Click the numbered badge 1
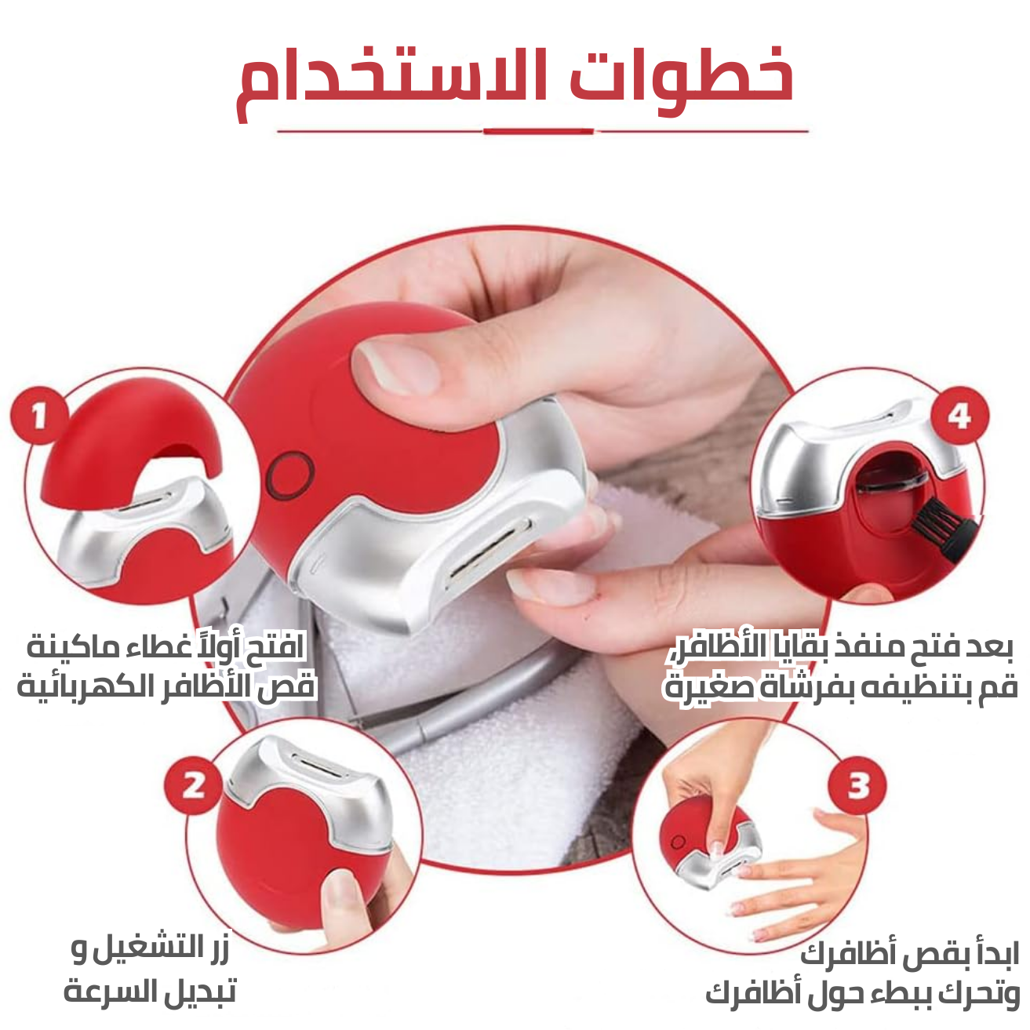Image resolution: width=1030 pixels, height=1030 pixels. coord(39,416)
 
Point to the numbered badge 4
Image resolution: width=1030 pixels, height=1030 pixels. coord(960,416)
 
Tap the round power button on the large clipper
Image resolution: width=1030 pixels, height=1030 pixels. coord(290,475)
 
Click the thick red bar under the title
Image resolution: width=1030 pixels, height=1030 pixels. coord(539,131)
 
